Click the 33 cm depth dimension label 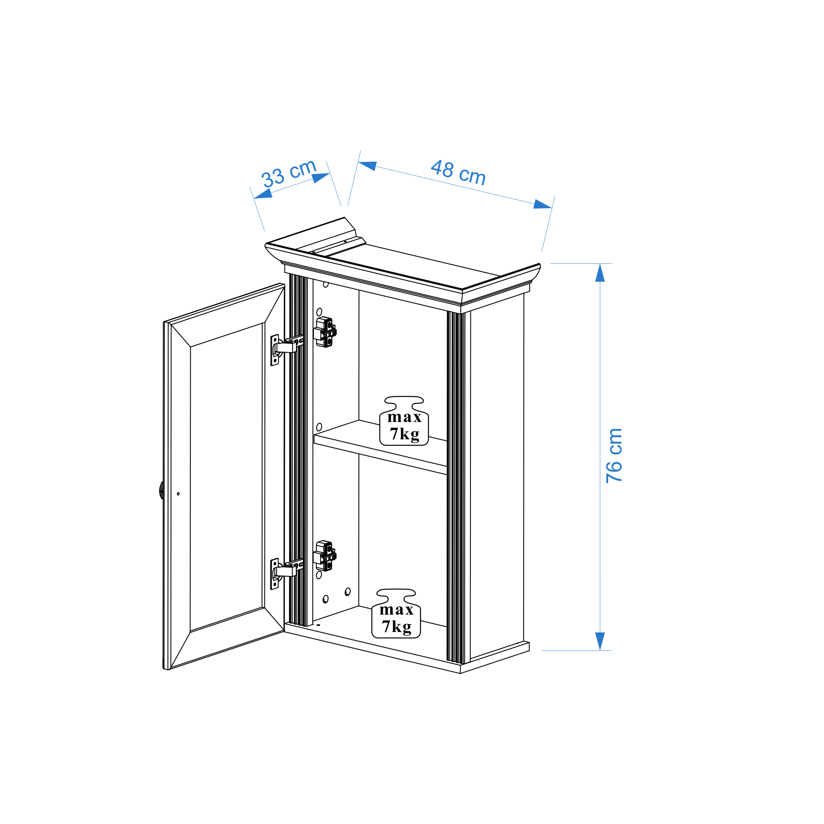pyautogui.click(x=289, y=173)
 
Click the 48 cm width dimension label pyautogui.click(x=458, y=173)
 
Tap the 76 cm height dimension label pyautogui.click(x=614, y=456)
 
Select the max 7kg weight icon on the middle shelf pyautogui.click(x=404, y=421)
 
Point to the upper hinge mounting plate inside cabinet pyautogui.click(x=325, y=332)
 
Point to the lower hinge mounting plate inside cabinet pyautogui.click(x=325, y=556)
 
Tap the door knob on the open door pyautogui.click(x=161, y=490)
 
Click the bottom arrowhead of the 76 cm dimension pyautogui.click(x=600, y=641)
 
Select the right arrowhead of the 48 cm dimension pyautogui.click(x=543, y=204)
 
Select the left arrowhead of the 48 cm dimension pyautogui.click(x=368, y=166)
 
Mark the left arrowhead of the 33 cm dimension pyautogui.click(x=263, y=194)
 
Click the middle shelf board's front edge pyautogui.click(x=380, y=455)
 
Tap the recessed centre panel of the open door pyautogui.click(x=226, y=477)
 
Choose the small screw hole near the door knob pyautogui.click(x=178, y=494)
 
